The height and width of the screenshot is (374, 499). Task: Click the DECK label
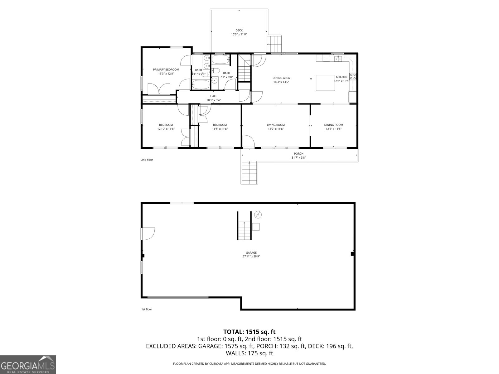(x=239, y=31)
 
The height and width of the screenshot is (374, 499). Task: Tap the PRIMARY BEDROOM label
(x=166, y=70)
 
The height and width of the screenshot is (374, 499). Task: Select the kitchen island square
(x=326, y=83)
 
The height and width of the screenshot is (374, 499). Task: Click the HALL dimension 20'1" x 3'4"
(x=214, y=100)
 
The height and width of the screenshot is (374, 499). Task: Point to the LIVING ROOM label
(x=276, y=125)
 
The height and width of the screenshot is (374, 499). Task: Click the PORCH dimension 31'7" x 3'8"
(x=298, y=158)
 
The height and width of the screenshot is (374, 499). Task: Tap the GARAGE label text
(x=251, y=253)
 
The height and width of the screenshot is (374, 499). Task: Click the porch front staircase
(x=249, y=173)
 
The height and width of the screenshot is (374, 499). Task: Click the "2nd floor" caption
(x=147, y=160)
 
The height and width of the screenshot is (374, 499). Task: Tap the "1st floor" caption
(x=147, y=309)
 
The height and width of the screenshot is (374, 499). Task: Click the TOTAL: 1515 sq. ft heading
(x=249, y=332)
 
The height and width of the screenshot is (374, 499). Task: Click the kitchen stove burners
(x=353, y=77)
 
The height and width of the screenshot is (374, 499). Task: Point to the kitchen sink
(x=338, y=59)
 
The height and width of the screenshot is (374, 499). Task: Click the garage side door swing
(x=148, y=234)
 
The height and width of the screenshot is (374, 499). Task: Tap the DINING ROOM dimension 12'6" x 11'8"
(x=333, y=129)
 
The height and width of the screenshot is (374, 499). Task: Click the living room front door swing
(x=248, y=141)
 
